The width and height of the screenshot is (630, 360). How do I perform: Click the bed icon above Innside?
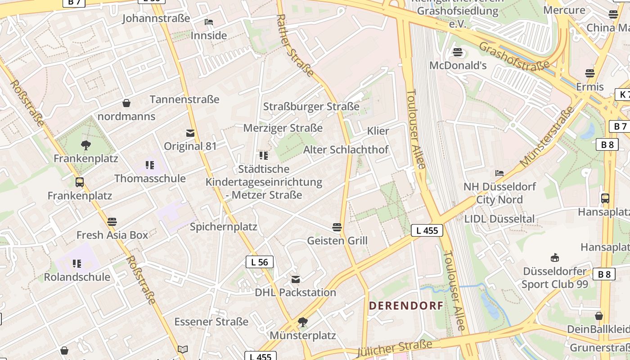pos(208,22)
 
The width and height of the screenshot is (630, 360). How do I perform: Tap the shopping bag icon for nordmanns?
pos(126,103)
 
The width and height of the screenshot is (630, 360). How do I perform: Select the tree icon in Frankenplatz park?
pos(85,145)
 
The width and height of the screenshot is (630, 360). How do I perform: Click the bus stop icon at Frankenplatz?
pos(80,182)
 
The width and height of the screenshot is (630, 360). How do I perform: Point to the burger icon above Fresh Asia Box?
pos(112,222)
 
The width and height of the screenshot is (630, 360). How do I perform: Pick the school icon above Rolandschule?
pos(77,263)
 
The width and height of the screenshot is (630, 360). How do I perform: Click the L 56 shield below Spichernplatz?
pos(260,262)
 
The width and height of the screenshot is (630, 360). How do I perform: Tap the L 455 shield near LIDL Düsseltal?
pos(427,230)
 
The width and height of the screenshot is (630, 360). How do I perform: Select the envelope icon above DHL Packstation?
pos(296,279)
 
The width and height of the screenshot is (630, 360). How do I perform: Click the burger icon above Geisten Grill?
pos(337,227)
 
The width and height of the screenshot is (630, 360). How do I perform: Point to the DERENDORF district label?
pos(406,306)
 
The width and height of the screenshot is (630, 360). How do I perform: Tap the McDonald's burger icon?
pos(458,52)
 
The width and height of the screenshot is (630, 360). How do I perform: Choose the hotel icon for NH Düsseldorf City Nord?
pos(499,173)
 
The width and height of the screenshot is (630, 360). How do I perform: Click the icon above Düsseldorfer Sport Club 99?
pos(554,258)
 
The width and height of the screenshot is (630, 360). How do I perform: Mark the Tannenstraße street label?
pos(184,99)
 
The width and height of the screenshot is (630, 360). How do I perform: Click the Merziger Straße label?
pos(283,128)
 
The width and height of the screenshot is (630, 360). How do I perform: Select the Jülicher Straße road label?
pos(394,348)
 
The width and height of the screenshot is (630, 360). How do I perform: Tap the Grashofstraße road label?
pos(514,57)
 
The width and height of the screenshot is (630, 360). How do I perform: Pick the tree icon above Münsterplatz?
pos(303,322)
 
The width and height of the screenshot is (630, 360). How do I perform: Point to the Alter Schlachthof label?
pos(346,150)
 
